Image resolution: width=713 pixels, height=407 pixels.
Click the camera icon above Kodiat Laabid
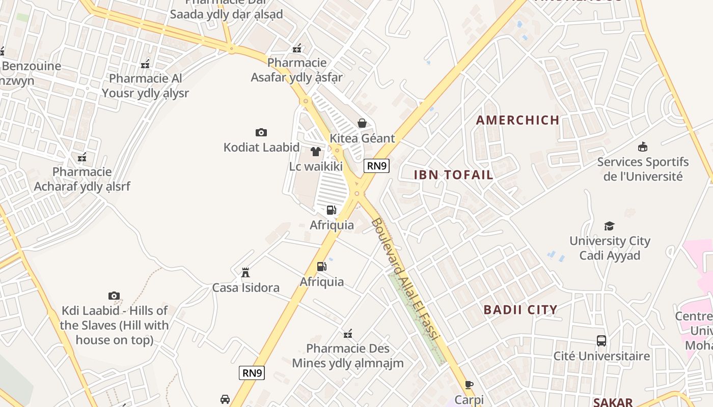261,133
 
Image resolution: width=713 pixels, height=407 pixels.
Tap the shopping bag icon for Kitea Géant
362,123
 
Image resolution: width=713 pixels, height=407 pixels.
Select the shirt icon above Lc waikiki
316,152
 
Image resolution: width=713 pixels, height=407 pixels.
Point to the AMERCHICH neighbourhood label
517,121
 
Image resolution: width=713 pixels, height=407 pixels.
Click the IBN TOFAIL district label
453,175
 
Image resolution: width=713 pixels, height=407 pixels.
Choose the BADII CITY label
520,310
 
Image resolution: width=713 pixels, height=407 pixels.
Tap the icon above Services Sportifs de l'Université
643,147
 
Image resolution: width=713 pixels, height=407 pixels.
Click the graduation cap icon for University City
609,226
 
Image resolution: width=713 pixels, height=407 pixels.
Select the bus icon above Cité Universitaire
601,341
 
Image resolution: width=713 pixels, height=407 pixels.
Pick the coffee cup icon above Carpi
469,385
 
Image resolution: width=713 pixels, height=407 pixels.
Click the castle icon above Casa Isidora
245,273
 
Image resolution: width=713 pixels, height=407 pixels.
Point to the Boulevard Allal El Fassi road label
406,280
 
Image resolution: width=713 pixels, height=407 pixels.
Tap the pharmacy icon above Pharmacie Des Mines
348,334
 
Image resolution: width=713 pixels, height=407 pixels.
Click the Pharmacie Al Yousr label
145,86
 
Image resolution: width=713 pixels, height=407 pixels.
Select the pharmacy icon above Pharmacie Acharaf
82,157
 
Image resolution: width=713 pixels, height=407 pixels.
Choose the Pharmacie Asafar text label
297,70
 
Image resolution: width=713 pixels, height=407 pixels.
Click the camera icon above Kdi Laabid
114,296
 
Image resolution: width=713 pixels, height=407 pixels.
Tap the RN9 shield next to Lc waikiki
377,165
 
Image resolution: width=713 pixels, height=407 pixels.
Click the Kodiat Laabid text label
261,148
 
